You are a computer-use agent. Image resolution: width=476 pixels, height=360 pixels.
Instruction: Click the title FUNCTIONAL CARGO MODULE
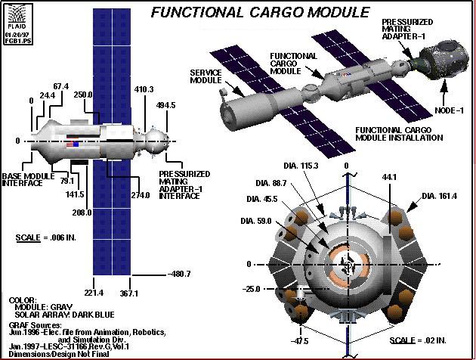click(259, 12)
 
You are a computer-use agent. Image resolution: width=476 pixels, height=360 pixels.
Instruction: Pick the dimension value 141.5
click(74, 193)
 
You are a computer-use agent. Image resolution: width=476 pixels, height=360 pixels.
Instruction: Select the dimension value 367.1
click(132, 293)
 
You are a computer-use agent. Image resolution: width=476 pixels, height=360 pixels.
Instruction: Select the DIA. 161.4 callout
click(440, 196)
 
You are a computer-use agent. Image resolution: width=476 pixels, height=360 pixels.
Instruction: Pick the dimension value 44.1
click(391, 175)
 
